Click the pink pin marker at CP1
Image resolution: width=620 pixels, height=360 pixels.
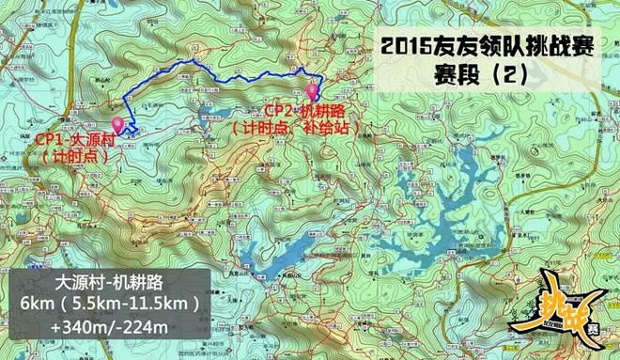[117, 124]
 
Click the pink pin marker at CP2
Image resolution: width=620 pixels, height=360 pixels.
[312, 91]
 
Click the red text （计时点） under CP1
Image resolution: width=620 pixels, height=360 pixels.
[75, 157]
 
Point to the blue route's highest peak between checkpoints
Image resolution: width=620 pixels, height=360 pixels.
[193, 61]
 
